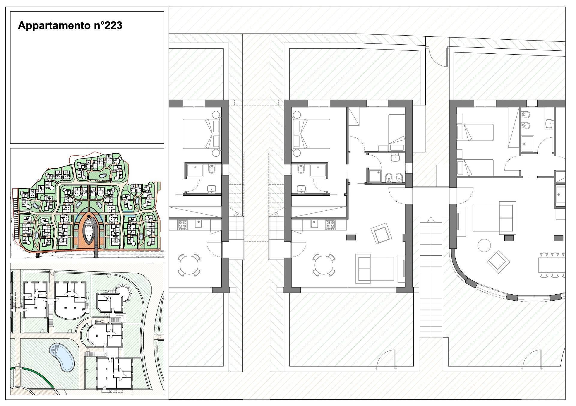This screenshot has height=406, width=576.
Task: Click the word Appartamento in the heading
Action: click(51, 26)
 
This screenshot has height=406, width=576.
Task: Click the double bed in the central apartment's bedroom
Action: click(312, 134)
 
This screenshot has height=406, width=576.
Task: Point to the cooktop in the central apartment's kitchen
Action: click(330, 225)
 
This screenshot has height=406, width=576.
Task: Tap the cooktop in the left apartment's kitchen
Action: click(182, 225)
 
